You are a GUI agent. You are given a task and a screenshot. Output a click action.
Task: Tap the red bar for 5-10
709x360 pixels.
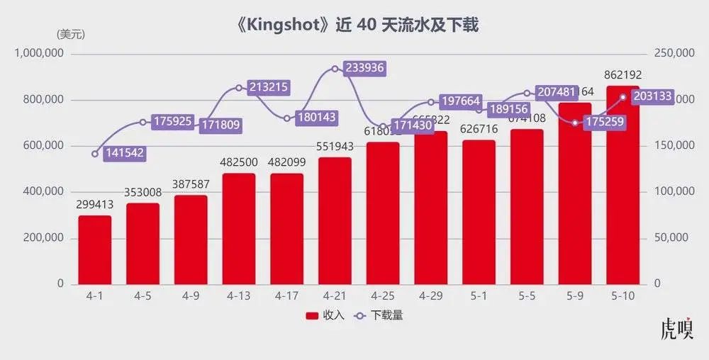623,191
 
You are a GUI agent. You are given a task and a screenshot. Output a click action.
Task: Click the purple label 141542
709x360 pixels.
124,153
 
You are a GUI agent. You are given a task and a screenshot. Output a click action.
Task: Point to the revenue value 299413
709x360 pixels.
95,204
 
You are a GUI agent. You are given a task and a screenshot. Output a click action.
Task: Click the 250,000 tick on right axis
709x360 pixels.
671,54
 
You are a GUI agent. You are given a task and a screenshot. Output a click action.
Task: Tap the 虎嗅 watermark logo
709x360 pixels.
676,330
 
